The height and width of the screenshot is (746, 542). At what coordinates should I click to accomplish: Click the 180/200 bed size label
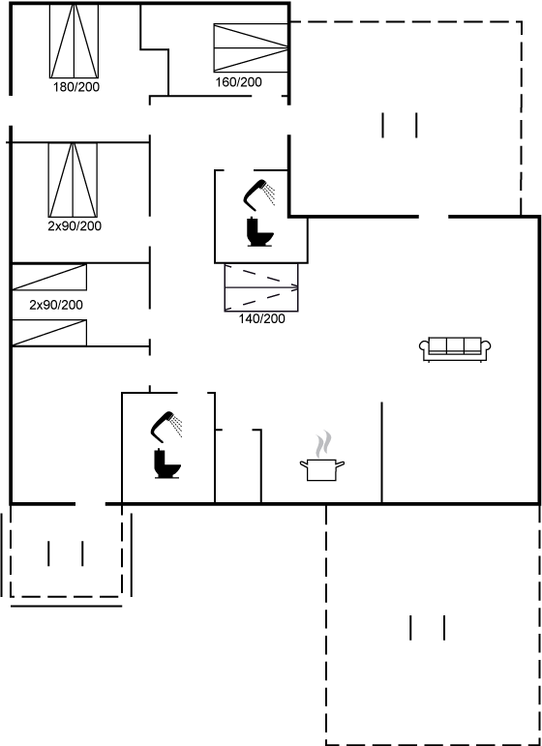(76, 87)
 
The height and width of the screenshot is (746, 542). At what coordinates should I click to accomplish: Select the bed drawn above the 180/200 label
(75, 41)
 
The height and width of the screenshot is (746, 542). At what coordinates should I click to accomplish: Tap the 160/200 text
(238, 82)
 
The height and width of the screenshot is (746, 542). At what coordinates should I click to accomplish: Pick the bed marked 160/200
(251, 47)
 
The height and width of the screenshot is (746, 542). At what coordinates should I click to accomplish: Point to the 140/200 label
(261, 318)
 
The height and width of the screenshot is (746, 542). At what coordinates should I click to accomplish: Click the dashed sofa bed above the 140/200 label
(261, 287)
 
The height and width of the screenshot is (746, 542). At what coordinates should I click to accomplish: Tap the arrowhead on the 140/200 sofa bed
(295, 287)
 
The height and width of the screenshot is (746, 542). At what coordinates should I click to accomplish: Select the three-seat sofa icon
(455, 349)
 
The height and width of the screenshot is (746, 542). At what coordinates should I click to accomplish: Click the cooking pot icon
(322, 469)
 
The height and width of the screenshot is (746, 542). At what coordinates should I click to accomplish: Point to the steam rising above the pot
(323, 444)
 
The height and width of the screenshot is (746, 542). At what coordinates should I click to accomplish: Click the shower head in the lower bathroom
(167, 425)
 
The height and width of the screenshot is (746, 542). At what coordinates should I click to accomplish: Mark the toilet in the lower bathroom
(167, 463)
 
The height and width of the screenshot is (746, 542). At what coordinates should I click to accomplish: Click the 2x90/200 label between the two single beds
(56, 305)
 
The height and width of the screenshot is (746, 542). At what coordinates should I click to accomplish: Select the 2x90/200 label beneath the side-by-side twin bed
(75, 226)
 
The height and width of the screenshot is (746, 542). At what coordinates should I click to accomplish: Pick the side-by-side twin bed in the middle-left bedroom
(73, 180)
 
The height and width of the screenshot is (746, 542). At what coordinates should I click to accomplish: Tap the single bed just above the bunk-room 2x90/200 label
(49, 277)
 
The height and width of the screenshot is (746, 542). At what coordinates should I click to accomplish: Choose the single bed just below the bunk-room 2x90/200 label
(49, 333)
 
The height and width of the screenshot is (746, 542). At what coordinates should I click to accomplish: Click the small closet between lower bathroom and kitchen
(238, 465)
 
